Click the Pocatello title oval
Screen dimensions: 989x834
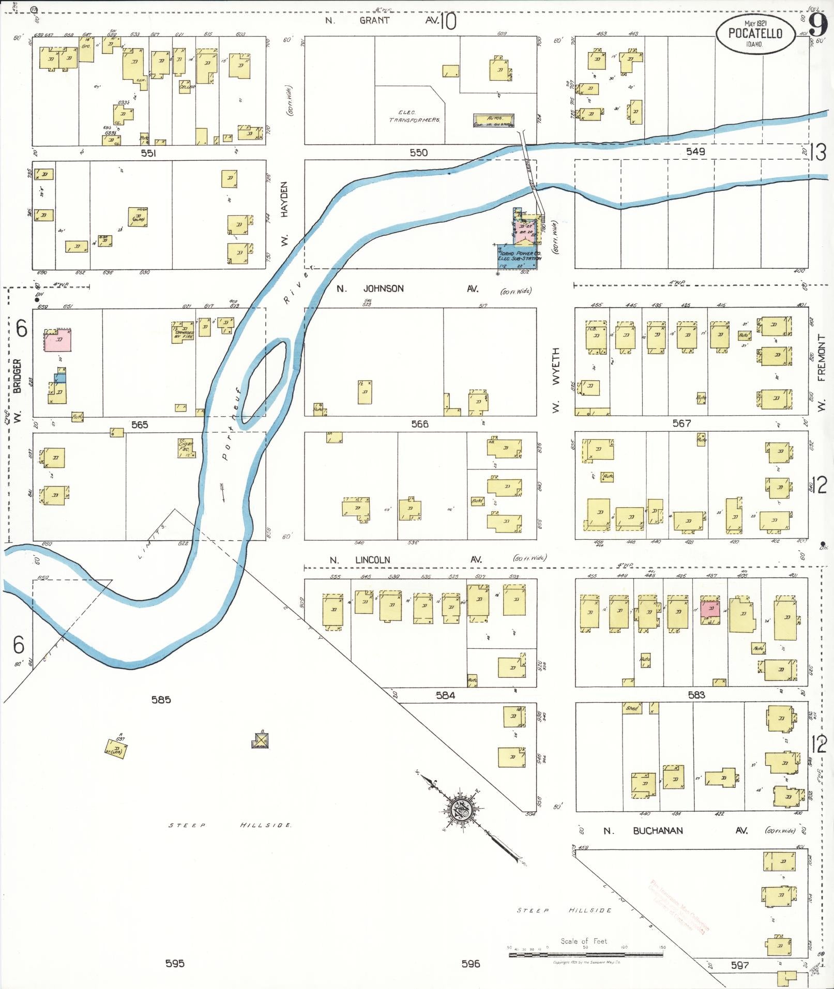pyautogui.click(x=755, y=34)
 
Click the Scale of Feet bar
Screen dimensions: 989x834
pyautogui.click(x=586, y=955)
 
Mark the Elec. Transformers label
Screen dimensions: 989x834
pyautogui.click(x=415, y=116)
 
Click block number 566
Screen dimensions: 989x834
pyautogui.click(x=419, y=424)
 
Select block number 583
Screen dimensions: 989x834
pyautogui.click(x=696, y=695)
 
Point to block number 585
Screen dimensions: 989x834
pyautogui.click(x=161, y=699)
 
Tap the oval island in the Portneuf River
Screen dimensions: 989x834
pyautogui.click(x=264, y=382)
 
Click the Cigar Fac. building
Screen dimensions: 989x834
pyautogui.click(x=186, y=448)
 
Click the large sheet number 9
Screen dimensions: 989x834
pyautogui.click(x=817, y=24)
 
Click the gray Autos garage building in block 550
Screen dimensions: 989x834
pyautogui.click(x=493, y=120)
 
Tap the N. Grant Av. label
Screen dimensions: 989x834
pyautogui.click(x=383, y=21)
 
